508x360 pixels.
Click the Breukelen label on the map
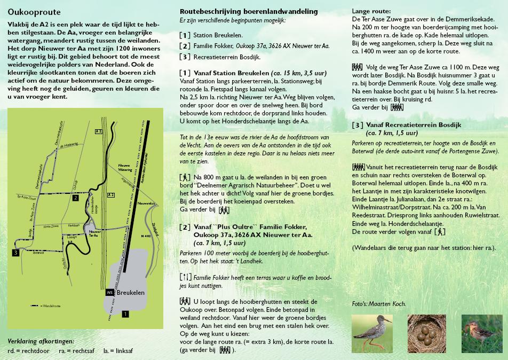[x=131, y=293]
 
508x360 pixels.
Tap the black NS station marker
[x=109, y=293]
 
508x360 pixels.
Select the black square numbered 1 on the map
[x=125, y=314]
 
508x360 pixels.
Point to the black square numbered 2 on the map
[x=76, y=198]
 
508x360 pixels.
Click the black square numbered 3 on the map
[x=17, y=253]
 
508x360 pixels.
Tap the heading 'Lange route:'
[x=371, y=11]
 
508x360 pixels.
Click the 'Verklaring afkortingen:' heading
[x=41, y=341]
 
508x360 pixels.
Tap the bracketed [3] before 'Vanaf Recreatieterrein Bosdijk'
[x=358, y=125]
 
